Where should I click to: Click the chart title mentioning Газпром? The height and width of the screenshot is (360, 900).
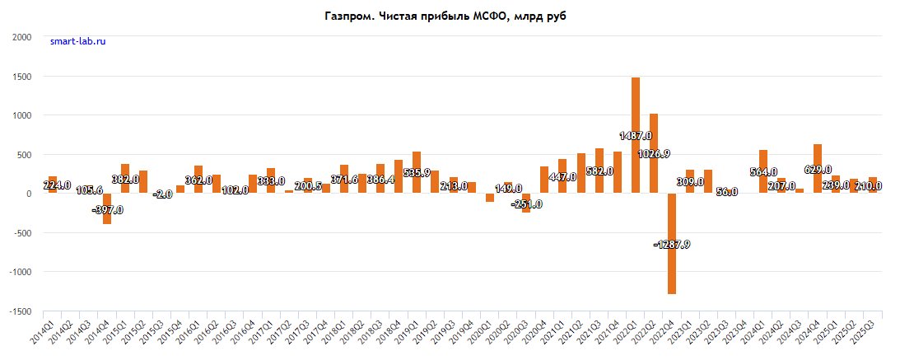coord(450,16)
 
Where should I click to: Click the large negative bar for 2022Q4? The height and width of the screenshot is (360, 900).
coord(672,243)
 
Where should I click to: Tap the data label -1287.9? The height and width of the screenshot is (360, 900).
coord(671,244)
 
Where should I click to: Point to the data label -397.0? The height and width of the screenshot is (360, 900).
coord(107,209)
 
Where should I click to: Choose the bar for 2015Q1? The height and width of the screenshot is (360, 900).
coord(125,178)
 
